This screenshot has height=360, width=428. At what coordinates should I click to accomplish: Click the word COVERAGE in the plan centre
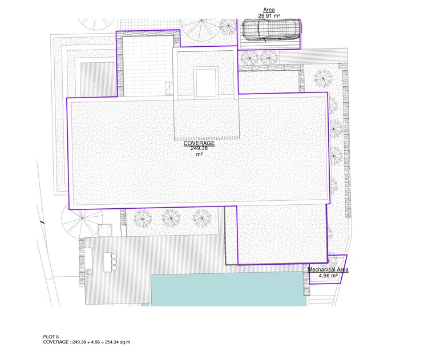(x=199, y=143)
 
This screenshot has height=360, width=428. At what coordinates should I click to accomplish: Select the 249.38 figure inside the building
(x=199, y=148)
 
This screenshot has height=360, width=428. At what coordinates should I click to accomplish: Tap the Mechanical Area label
(x=328, y=270)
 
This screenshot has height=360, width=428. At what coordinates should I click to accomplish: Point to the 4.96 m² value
(x=328, y=276)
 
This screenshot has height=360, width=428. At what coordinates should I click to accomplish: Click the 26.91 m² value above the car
(x=269, y=16)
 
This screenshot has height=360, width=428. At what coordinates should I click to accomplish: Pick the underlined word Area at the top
(x=269, y=10)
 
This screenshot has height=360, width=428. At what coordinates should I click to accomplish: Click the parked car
(x=271, y=30)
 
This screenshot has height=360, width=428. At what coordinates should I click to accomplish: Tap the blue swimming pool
(x=229, y=290)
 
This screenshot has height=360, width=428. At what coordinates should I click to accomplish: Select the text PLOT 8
(x=51, y=337)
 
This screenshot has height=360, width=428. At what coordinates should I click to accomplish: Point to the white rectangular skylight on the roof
(x=206, y=83)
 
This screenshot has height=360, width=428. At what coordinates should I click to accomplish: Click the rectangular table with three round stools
(x=107, y=262)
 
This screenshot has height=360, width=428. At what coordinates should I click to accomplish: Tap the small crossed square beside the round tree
(x=105, y=230)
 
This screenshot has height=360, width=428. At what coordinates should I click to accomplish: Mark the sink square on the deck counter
(x=88, y=272)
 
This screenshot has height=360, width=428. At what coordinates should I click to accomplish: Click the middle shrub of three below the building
(x=171, y=219)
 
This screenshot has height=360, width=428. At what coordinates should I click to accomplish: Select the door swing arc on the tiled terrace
(x=169, y=88)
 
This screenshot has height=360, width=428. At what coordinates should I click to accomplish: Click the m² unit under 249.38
(x=199, y=154)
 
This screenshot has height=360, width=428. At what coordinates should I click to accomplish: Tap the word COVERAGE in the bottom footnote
(x=56, y=342)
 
